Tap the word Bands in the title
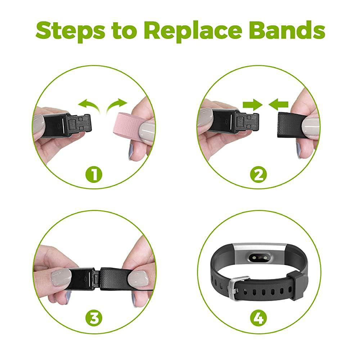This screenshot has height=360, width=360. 287,30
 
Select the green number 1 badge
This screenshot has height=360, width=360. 94,175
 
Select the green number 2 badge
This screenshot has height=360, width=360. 258,175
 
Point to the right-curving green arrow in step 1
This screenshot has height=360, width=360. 117,105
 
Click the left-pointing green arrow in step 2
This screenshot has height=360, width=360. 278,105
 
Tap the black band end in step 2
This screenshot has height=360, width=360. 291,125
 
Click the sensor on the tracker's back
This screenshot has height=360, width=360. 259,258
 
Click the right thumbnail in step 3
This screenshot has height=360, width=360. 138,279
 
